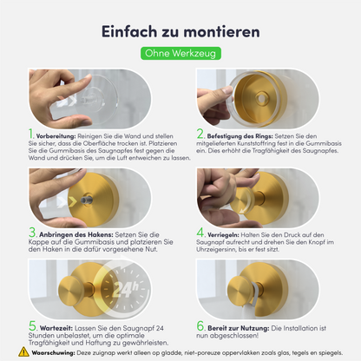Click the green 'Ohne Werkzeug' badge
tap(180, 54)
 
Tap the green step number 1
tap(31, 134)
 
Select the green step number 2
tap(200, 134)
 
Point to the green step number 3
tap(32, 233)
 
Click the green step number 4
tap(200, 233)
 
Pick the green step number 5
tap(32, 326)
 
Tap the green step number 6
tap(200, 326)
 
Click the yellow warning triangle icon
tap(23, 351)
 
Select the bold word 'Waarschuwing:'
tap(54, 353)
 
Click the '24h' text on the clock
tap(125, 289)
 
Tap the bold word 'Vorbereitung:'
tap(56, 136)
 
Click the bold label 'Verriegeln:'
tap(223, 235)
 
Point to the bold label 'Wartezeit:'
tap(56, 328)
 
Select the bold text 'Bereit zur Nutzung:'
tap(239, 328)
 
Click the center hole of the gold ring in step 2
tap(262, 98)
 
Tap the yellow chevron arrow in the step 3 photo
tap(73, 201)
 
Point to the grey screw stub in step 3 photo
tap(87, 200)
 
